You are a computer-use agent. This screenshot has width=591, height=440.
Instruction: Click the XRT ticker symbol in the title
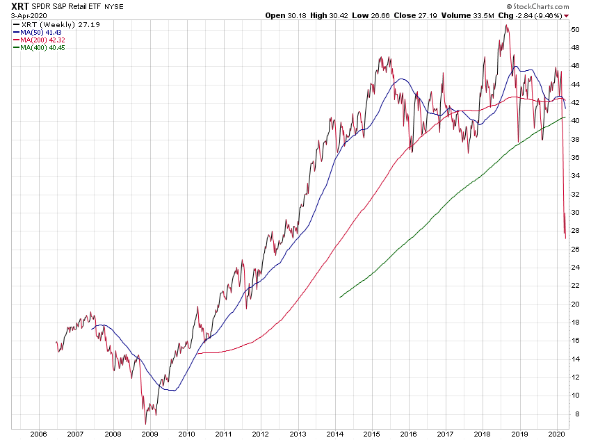coord(11,6)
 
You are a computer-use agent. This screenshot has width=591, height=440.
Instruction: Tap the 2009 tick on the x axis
coord(149,433)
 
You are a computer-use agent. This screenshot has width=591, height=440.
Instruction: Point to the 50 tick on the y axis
coord(575,29)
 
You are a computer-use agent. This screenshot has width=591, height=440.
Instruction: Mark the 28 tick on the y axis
coord(575,231)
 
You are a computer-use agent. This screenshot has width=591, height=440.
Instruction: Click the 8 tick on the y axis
coord(575,414)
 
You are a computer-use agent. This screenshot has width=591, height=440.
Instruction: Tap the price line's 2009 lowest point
coord(145,423)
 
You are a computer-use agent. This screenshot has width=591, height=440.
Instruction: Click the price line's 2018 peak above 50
coord(506,26)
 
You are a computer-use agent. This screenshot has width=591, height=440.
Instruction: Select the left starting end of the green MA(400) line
coord(339,298)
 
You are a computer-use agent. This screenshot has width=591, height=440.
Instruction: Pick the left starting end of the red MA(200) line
coord(197,354)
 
